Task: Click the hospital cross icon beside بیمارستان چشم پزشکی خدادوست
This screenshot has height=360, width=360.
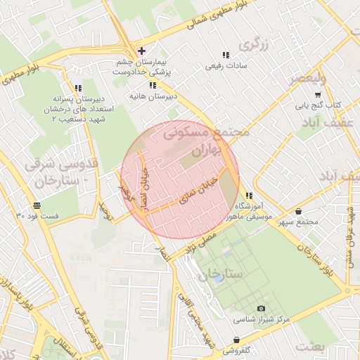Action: point(142,51)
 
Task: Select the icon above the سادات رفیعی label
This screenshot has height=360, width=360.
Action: point(225,55)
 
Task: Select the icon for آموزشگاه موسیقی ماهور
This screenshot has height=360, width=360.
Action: point(247,195)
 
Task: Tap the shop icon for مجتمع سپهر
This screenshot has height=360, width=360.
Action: point(299,211)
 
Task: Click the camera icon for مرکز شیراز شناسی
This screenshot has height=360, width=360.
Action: point(262,309)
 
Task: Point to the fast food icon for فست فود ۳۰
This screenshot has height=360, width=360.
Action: point(36,206)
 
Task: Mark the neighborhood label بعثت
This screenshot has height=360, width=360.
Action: point(311,347)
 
